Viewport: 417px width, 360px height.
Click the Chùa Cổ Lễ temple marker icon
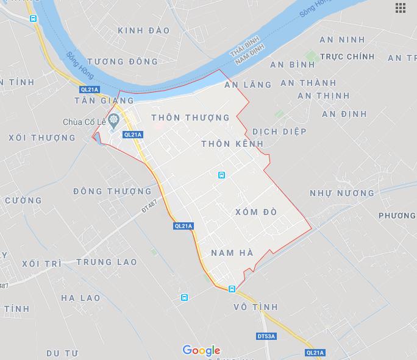coord(113,121)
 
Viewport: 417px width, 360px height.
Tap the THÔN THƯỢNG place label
coord(190,118)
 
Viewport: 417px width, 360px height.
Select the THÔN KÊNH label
coord(232,144)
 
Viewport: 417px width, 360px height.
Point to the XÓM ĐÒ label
coord(255,212)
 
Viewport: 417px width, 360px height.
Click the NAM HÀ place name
coord(232,252)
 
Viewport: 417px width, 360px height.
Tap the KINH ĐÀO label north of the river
coord(144,30)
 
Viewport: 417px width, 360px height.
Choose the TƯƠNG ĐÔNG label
coord(123,62)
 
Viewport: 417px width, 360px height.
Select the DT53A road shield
coord(266,336)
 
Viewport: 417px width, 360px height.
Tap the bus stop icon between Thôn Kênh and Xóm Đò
coord(221,175)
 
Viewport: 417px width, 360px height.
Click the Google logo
coord(201,350)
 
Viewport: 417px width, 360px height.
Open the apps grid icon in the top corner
coord(401,8)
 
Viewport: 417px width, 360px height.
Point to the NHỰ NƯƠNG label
coord(342,193)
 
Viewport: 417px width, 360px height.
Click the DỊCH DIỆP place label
coord(279,132)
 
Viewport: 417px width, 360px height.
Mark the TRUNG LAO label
coord(107,262)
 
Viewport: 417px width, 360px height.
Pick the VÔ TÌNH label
coord(255,307)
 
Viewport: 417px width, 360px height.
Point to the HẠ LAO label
coord(80,298)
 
